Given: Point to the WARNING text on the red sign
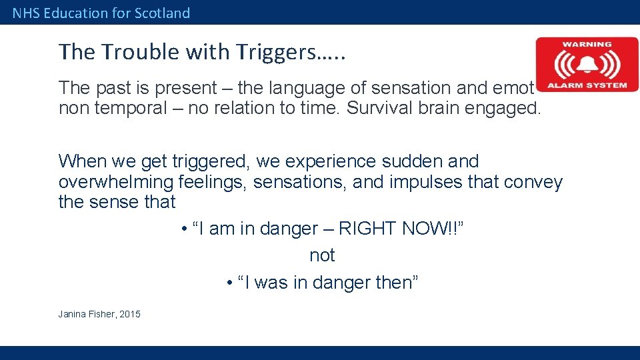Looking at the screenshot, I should click(x=587, y=45).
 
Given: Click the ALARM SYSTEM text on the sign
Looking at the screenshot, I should click(x=587, y=85).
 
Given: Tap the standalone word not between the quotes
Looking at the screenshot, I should click(x=322, y=255).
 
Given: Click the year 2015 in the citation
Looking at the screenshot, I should click(x=130, y=314).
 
